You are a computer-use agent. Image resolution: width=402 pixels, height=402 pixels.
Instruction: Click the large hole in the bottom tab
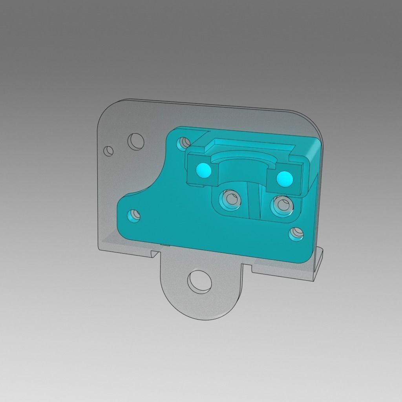(x=199, y=281)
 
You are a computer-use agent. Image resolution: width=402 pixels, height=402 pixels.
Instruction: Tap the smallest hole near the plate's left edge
(x=108, y=150)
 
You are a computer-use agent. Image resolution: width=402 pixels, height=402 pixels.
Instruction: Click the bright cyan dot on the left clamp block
(x=204, y=170)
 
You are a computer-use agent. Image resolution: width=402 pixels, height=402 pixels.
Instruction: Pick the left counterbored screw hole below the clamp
(x=230, y=199)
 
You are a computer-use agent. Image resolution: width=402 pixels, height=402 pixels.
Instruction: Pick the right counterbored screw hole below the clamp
(x=282, y=205)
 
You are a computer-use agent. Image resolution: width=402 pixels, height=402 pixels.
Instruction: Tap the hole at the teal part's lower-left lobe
(x=134, y=215)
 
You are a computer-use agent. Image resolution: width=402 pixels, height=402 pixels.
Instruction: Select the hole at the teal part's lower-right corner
(x=296, y=234)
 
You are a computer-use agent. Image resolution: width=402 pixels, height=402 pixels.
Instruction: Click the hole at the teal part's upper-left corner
(x=184, y=143)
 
